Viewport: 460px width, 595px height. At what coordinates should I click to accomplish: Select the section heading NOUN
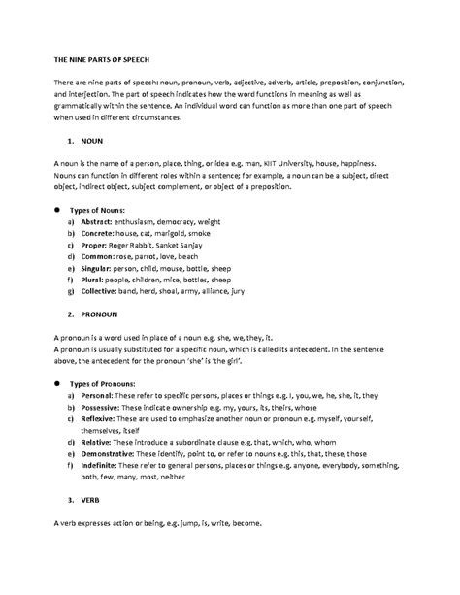(92, 141)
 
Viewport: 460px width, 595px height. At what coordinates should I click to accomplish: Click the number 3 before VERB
(70, 501)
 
